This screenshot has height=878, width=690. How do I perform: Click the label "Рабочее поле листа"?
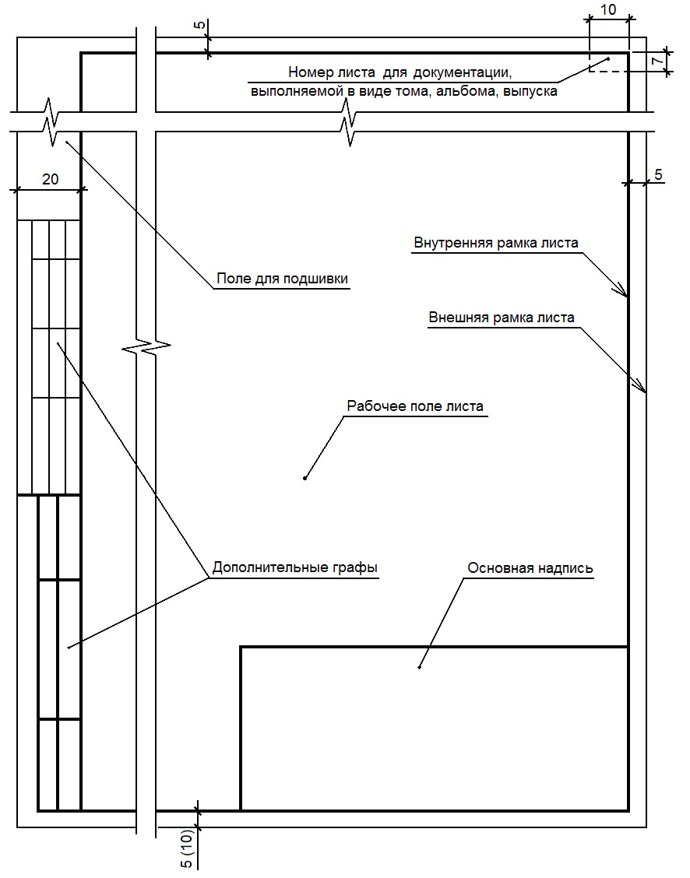tap(415, 406)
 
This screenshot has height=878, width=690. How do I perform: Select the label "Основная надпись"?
tap(530, 568)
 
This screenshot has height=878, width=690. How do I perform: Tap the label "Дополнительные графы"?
tap(294, 568)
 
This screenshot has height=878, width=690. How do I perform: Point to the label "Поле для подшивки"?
tap(282, 279)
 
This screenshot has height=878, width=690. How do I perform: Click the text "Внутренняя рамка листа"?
tap(496, 242)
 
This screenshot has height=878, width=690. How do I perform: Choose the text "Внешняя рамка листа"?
tap(502, 318)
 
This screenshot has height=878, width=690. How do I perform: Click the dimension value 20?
tap(50, 179)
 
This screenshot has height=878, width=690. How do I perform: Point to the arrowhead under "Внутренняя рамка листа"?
tap(624, 293)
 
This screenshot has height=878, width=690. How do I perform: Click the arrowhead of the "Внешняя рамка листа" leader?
tap(642, 389)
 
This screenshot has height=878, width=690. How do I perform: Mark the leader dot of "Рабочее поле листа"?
tap(305, 478)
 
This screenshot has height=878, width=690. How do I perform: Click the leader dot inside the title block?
tap(420, 667)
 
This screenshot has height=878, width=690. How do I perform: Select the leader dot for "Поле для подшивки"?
tap(67, 142)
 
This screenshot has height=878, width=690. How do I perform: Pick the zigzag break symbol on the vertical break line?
tap(148, 343)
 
